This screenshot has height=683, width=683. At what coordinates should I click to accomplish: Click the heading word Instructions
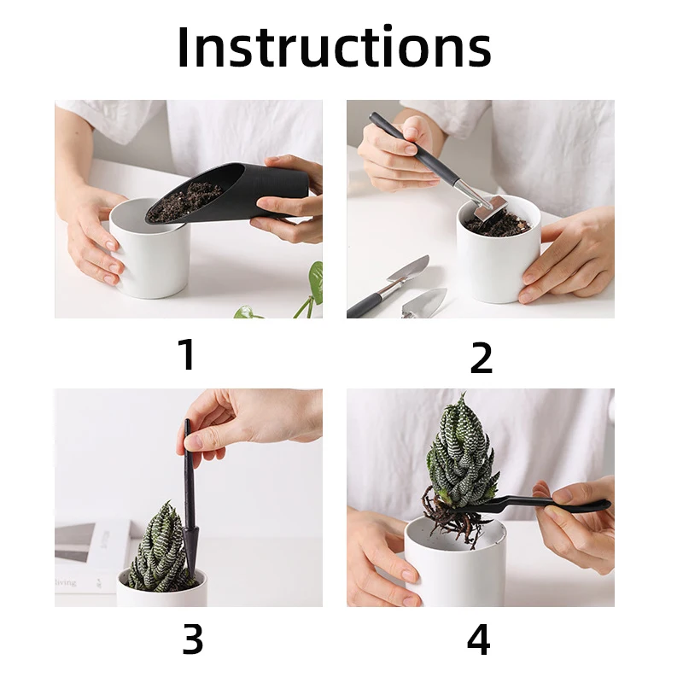[x=335, y=47]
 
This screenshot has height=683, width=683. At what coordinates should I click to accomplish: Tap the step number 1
[x=188, y=354]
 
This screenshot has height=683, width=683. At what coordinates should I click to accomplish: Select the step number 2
[x=481, y=357]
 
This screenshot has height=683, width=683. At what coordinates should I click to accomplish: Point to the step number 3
[x=192, y=639]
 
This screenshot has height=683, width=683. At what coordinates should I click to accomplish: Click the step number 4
[x=478, y=639]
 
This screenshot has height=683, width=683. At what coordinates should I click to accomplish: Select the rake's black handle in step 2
[x=414, y=148]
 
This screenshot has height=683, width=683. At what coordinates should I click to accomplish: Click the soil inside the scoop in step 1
[x=184, y=202]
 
